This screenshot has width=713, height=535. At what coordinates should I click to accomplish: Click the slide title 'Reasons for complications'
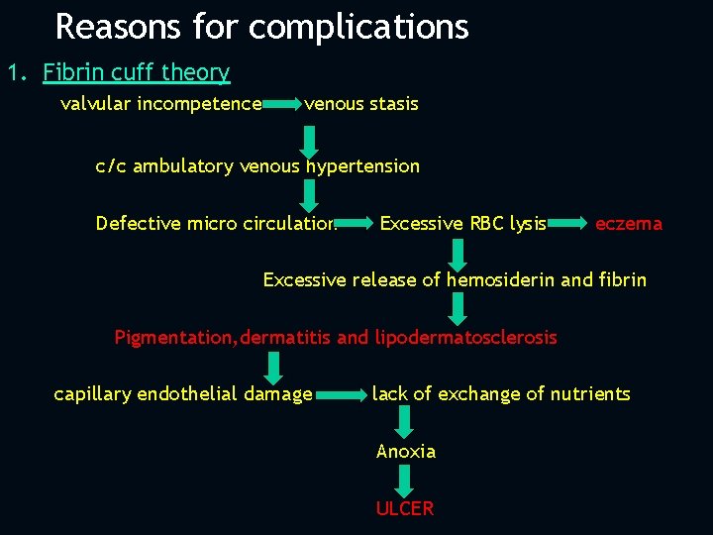(x=261, y=27)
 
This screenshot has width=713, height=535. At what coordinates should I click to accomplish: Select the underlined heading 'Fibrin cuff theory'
(x=136, y=73)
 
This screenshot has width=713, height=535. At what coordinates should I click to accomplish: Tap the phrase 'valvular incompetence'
(x=160, y=104)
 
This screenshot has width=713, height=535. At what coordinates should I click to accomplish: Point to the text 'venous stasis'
(x=361, y=104)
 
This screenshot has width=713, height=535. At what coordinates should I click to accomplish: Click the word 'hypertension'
(x=362, y=166)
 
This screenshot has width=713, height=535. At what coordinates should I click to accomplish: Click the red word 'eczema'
(x=629, y=224)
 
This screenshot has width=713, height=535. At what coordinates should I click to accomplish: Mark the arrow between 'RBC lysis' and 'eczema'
(x=568, y=224)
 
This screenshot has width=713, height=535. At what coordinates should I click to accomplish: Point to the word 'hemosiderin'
(x=500, y=280)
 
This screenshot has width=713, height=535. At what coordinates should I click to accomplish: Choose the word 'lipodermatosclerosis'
(x=465, y=338)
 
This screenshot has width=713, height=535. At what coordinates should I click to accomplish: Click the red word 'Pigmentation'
(x=173, y=338)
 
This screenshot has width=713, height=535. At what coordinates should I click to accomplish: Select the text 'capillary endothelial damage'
(x=183, y=394)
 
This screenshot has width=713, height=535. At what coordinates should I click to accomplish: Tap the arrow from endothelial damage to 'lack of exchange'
(x=342, y=395)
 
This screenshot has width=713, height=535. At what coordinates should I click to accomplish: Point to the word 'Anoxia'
(x=406, y=452)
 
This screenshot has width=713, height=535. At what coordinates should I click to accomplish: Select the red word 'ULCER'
(x=404, y=509)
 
